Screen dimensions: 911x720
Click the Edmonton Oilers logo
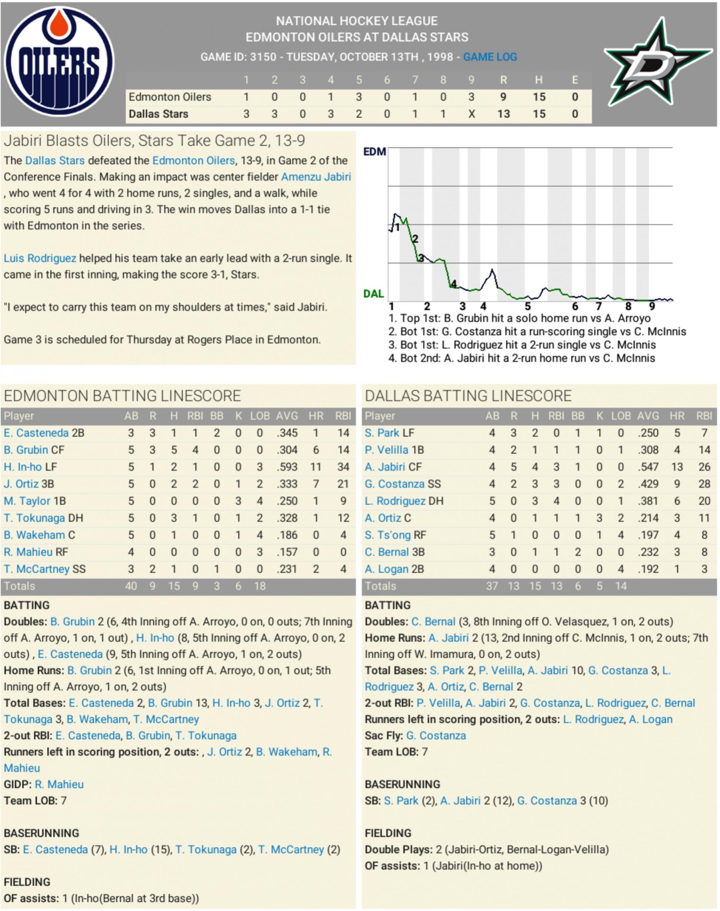pyautogui.click(x=59, y=62)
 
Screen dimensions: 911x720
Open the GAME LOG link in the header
pyautogui.click(x=490, y=57)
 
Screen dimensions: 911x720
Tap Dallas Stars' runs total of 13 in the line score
pyautogui.click(x=503, y=114)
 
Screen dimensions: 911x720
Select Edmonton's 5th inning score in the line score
pyautogui.click(x=359, y=97)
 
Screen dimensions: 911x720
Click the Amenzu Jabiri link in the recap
pyautogui.click(x=316, y=177)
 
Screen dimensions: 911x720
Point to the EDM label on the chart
pyautogui.click(x=374, y=152)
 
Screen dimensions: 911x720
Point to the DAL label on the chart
pyautogui.click(x=374, y=294)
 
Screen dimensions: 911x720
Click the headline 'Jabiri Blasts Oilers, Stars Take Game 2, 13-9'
pyautogui.click(x=154, y=141)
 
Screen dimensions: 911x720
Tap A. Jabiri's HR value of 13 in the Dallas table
pyautogui.click(x=677, y=467)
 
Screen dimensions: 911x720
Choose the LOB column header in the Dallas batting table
pyautogui.click(x=620, y=416)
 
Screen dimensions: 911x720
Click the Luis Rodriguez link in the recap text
pyautogui.click(x=40, y=258)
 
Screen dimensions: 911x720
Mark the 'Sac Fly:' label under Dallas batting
pyautogui.click(x=384, y=736)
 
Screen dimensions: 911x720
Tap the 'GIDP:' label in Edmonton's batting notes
pyautogui.click(x=17, y=784)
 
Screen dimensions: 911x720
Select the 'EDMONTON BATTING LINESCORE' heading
pyautogui.click(x=122, y=396)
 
